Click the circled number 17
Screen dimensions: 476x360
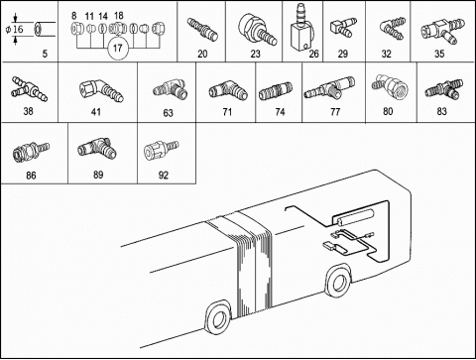pos(118,49)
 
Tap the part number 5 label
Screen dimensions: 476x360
pos(45,54)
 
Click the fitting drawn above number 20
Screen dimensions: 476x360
pos(202,30)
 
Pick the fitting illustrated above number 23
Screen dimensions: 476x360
pos(257,29)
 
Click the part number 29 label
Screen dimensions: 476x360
pos(343,54)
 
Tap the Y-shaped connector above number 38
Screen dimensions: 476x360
pos(29,88)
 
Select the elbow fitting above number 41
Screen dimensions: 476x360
pos(101,90)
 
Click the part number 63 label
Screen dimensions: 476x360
pos(168,113)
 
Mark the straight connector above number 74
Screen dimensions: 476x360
pos(276,91)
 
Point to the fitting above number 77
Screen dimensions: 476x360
pos(329,88)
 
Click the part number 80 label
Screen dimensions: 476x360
pos(388,111)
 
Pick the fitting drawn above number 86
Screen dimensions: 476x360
pos(31,153)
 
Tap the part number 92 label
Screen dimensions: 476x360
pos(164,175)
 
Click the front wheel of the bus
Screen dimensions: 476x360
pos(338,281)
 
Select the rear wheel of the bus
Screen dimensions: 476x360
pos(218,318)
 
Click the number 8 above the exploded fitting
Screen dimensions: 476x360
pos(74,16)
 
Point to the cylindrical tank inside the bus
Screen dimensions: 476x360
pos(353,217)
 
